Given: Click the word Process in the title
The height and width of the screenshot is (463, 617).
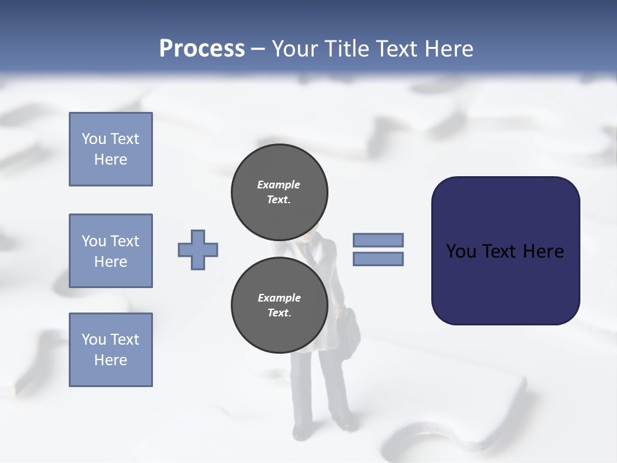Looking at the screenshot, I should click(202, 49).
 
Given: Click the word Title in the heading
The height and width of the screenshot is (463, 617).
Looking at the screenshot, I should click(348, 49).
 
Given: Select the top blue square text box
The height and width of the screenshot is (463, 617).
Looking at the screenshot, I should click(111, 149).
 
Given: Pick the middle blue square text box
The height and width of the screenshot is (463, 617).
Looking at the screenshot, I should click(111, 251).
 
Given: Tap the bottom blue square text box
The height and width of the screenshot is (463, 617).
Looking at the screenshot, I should click(111, 350).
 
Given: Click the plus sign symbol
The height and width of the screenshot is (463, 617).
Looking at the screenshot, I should click(198, 250).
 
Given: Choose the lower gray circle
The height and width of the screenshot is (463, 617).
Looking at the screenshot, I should click(280, 305).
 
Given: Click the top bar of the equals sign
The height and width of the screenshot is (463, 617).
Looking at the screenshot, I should click(378, 240).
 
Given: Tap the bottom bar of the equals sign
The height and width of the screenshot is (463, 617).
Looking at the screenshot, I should click(378, 259).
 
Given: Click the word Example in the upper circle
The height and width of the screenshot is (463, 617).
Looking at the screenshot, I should click(279, 185).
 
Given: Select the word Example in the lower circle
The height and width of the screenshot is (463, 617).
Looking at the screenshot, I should click(279, 298).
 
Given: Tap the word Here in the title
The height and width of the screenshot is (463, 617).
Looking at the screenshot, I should click(446, 49).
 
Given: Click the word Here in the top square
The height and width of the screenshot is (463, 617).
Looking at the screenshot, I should click(111, 159).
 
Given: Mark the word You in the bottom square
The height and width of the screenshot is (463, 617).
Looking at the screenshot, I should click(94, 340).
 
